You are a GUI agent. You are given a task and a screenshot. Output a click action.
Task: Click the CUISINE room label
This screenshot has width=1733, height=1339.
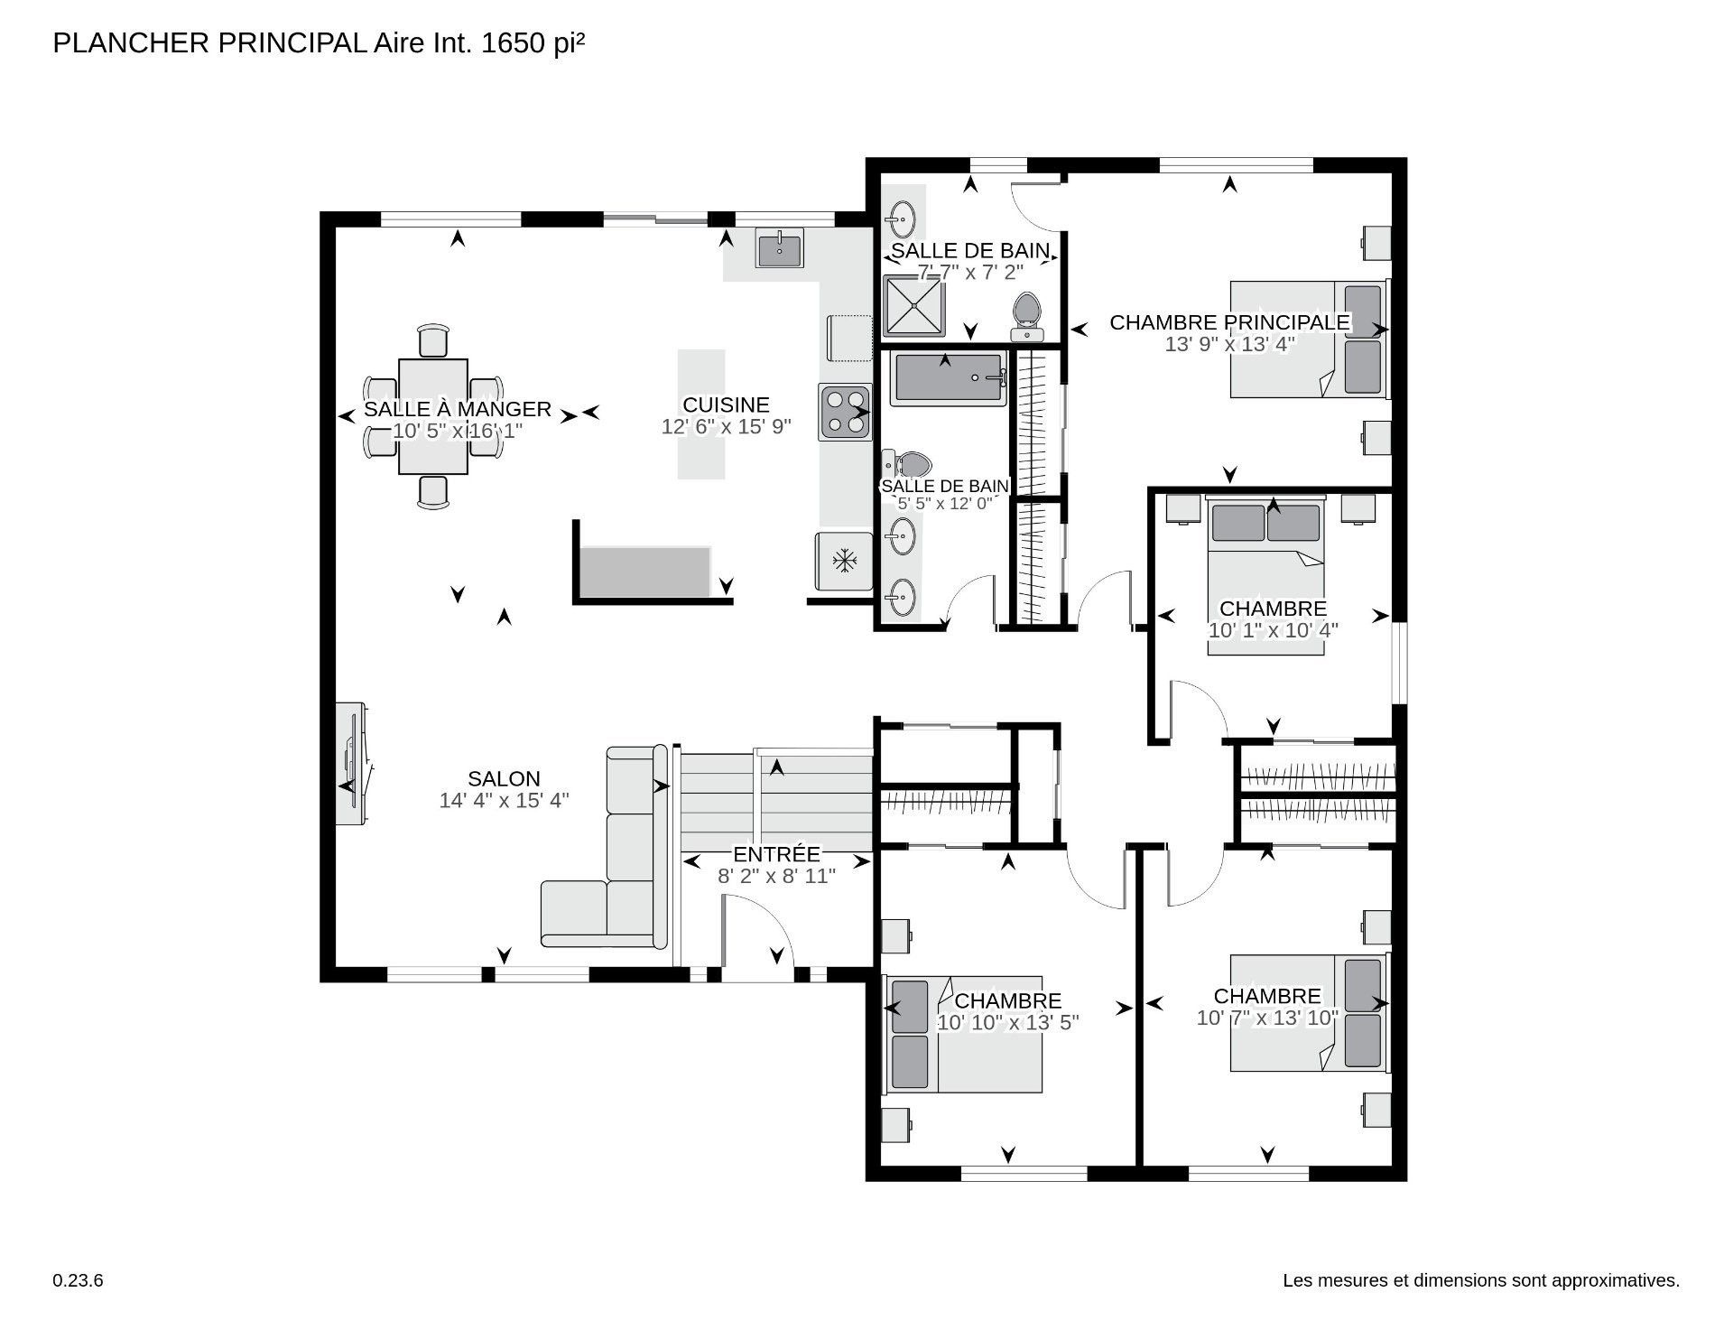click(726, 404)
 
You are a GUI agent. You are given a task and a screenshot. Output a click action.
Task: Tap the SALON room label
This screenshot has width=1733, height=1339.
click(504, 778)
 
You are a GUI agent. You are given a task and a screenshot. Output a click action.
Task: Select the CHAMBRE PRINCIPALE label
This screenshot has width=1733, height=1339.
click(1229, 322)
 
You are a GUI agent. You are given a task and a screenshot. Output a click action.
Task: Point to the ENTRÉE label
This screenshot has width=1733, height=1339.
click(776, 854)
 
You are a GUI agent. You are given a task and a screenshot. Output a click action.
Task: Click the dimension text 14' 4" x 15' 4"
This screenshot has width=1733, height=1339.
click(504, 801)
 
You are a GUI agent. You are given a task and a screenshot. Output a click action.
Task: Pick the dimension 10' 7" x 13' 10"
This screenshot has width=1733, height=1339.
click(1267, 1018)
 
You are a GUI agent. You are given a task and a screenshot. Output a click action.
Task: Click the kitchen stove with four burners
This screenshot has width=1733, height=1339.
click(846, 412)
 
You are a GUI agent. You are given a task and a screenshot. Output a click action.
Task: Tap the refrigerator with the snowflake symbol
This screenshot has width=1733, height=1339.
click(844, 562)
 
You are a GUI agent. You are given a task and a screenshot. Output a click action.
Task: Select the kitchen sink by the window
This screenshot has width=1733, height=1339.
click(779, 248)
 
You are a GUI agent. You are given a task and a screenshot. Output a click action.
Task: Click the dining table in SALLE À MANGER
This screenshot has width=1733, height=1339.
click(433, 416)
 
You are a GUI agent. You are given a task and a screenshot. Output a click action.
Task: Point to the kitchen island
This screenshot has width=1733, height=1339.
click(701, 414)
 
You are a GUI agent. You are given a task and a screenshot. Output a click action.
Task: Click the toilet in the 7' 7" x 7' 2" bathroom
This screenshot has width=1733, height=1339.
click(1027, 314)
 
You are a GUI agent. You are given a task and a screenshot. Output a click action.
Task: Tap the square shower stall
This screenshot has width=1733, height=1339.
click(913, 305)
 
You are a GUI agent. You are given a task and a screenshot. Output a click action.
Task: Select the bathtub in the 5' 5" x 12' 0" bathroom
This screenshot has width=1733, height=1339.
click(949, 379)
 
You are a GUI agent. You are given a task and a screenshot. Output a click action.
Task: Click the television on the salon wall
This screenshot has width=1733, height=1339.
click(352, 764)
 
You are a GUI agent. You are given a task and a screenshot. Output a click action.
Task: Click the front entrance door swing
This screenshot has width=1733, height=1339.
click(758, 939)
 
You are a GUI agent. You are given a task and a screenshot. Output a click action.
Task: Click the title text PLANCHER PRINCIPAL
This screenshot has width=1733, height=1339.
click(209, 43)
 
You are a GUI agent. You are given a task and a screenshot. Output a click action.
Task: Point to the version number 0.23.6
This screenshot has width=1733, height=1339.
click(79, 1280)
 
